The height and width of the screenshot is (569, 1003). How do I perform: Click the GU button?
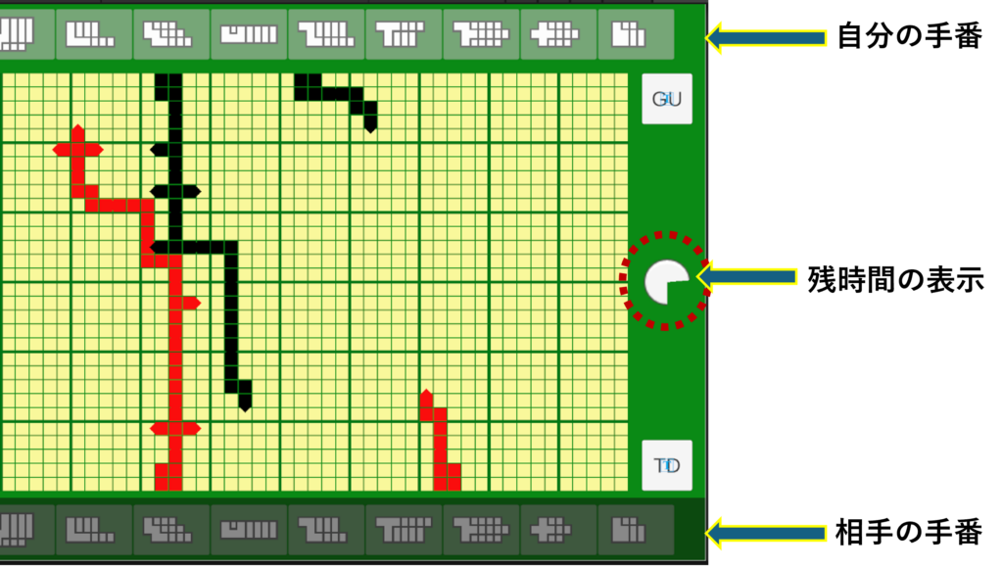pos(667,99)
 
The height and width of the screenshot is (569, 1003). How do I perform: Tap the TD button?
pos(667,465)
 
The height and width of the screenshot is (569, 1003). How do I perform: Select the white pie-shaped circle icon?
pos(666,282)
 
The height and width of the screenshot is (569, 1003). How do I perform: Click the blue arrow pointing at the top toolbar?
pos(766,38)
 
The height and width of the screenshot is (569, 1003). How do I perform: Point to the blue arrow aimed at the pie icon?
pos(746,277)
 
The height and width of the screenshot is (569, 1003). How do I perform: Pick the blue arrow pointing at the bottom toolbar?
pos(766,533)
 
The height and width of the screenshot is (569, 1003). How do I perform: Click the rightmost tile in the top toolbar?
pos(635,34)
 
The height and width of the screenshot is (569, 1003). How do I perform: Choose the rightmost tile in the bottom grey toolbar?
pos(635,530)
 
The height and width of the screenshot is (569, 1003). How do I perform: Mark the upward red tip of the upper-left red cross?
pos(77,130)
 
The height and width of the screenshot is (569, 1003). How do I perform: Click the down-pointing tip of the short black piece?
pos(370,125)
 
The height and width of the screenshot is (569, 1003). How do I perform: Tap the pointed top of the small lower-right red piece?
pos(426,395)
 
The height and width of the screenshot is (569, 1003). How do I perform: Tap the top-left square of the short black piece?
pos(301,80)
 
